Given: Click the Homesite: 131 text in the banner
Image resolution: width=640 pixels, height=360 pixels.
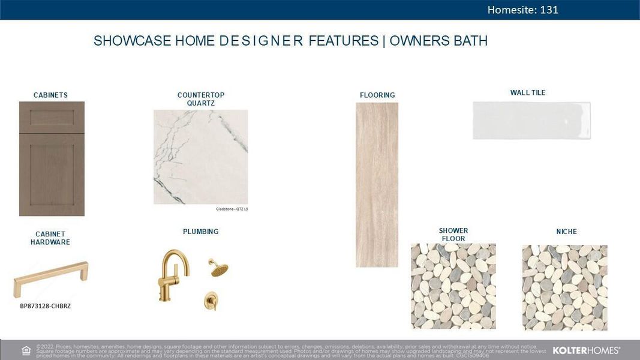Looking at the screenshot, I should [x=522, y=10].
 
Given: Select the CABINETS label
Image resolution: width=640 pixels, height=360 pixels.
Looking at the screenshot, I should [x=50, y=95].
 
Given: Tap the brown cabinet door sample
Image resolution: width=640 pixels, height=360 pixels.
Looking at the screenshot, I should [x=52, y=158].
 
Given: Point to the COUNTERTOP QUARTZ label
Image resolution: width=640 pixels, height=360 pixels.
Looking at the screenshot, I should [x=201, y=99].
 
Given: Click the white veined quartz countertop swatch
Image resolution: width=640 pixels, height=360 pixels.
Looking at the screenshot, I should [x=201, y=157].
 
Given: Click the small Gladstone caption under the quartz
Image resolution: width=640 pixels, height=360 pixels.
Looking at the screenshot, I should [x=232, y=209].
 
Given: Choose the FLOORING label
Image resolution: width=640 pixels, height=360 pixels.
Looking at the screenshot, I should [x=377, y=95].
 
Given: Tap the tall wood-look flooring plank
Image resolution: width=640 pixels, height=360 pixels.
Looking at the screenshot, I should [x=377, y=184].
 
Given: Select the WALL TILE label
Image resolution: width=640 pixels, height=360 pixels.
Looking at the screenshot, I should [x=528, y=92].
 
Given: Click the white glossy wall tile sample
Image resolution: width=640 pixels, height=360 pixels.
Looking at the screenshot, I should [x=531, y=120].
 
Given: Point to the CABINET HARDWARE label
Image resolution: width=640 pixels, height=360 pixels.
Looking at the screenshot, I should [x=50, y=238].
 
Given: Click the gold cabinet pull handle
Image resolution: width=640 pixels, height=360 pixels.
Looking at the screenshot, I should [x=51, y=279].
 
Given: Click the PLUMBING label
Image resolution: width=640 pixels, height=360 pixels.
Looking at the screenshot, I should [x=201, y=232].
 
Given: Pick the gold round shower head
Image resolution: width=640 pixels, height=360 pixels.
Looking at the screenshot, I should [x=218, y=268].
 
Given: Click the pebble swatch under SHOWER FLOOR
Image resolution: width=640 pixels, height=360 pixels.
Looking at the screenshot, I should [x=453, y=286].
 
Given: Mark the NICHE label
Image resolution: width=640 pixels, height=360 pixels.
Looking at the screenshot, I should [x=566, y=232].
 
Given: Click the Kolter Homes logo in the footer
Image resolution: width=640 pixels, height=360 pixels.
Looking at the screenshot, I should [x=586, y=350].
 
